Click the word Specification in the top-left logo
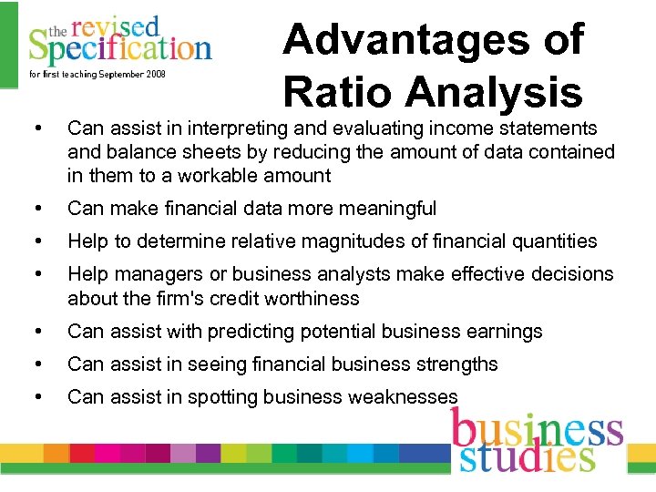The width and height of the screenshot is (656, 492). click(119, 46)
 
